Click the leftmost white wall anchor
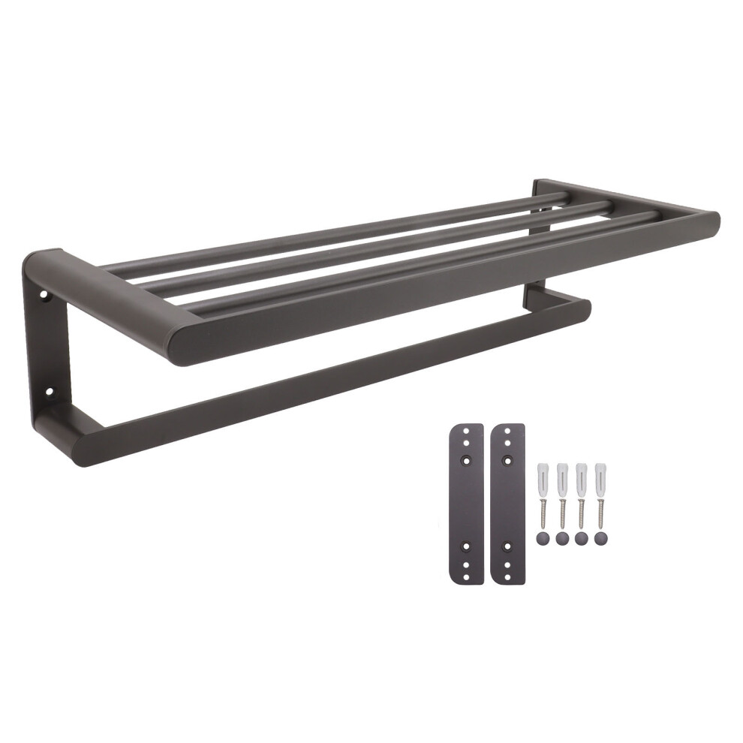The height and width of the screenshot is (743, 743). coord(543,474)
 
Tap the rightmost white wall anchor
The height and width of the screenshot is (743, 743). coord(599,474)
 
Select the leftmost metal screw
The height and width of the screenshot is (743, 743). coord(543,510)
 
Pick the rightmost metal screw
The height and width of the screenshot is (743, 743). coord(599,510)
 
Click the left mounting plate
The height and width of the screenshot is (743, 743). coord(466,503)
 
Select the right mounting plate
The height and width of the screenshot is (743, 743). coord(507,503)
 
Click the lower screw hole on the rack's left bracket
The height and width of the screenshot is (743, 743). coord(50,391)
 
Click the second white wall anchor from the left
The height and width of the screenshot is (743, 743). coord(561,474)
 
